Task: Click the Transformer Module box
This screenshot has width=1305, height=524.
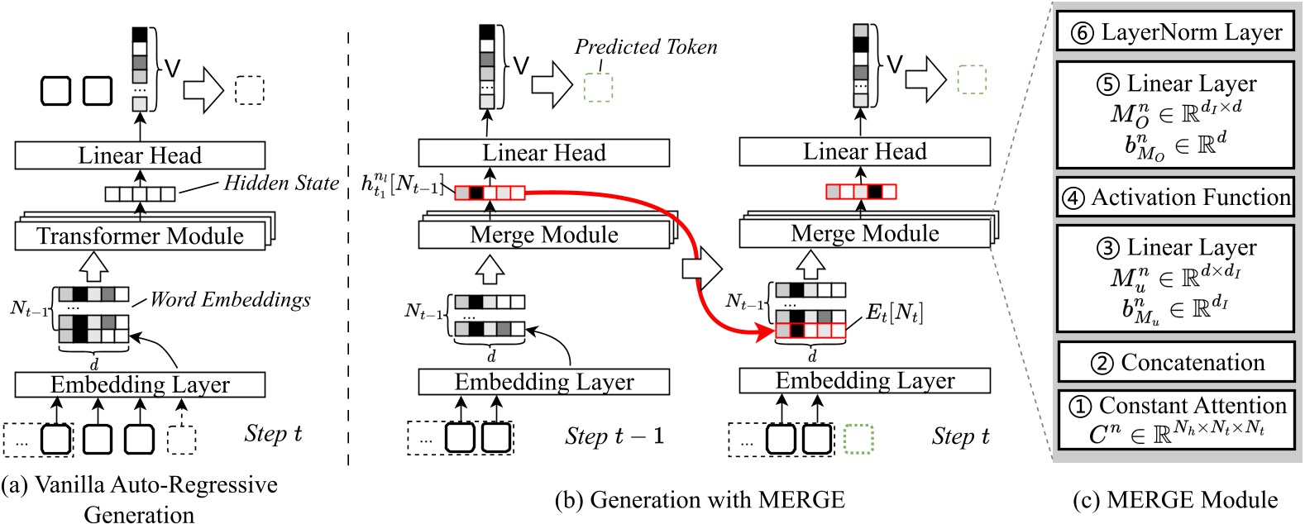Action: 140,236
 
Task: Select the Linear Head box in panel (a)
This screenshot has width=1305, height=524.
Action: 140,155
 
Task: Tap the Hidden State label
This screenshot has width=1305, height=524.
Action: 281,183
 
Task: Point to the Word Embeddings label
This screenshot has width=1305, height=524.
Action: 231,300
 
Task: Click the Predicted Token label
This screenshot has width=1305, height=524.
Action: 646,47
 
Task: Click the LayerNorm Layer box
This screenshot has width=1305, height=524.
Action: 1175,32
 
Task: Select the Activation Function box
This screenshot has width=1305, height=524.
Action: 1175,198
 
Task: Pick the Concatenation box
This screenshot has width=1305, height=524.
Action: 1175,362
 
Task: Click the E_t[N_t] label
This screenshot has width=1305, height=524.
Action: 894,313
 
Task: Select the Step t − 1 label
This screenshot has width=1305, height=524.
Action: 614,436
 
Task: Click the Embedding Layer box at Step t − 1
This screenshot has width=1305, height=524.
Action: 543,382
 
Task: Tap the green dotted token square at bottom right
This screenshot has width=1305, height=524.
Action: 859,439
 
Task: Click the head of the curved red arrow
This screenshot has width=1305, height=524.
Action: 768,332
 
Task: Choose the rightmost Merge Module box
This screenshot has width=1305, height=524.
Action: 864,234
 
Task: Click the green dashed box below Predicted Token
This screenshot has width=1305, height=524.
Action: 598,86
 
